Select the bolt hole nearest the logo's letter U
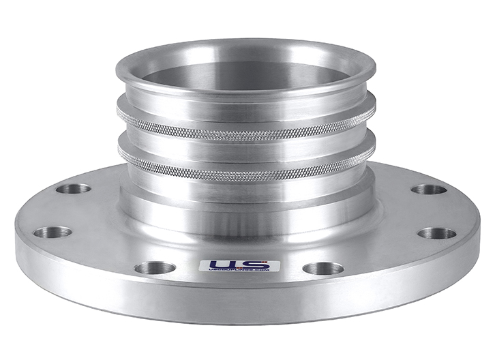155,268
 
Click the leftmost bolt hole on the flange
52,232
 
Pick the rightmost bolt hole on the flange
437,233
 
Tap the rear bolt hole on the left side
74,189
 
